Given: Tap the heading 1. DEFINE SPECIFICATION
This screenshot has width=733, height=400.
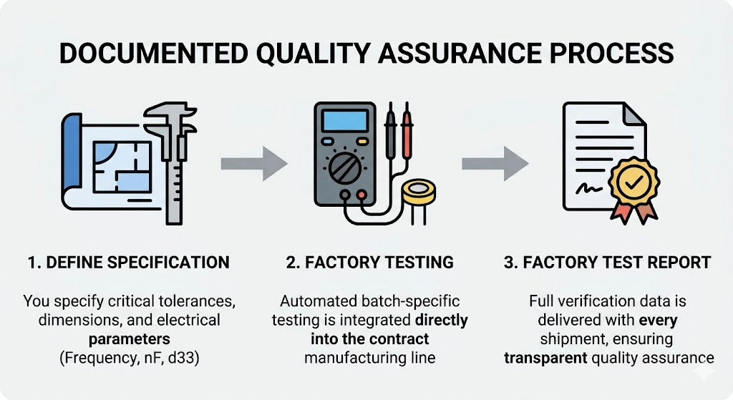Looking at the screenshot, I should (129, 263).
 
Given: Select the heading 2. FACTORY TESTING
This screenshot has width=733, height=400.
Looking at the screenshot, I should (370, 263).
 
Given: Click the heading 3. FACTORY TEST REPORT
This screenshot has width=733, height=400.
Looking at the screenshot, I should (607, 263).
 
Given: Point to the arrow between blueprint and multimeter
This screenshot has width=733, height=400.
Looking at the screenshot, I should (253, 163).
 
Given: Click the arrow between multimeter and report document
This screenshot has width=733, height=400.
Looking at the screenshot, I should (495, 163).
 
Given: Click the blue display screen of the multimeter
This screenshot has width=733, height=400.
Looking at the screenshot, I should (344, 121).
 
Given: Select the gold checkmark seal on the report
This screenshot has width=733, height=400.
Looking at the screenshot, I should (632, 183).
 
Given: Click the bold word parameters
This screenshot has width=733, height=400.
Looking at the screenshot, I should (128, 337).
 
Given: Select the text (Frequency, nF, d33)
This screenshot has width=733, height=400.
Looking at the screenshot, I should (129, 356).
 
